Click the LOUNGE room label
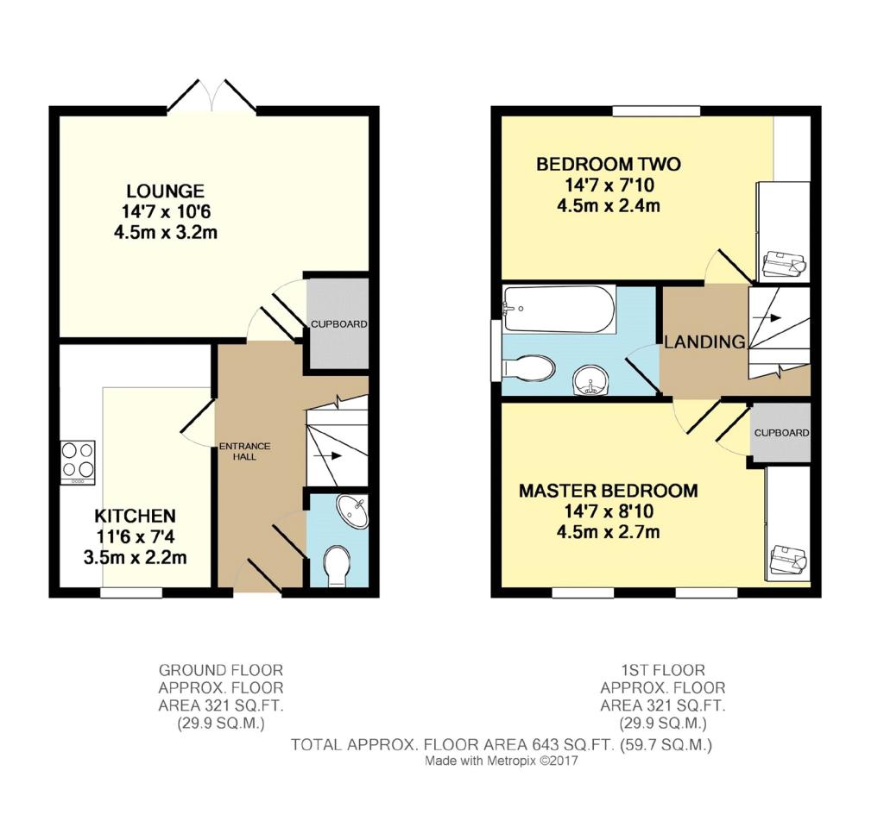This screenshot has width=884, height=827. pos(165,191)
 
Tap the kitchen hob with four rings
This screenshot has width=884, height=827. pos(79,462)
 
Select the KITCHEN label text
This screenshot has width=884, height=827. pos(136,516)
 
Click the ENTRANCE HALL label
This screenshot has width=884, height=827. pos(244,451)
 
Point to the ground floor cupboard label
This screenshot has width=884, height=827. pos(338,324)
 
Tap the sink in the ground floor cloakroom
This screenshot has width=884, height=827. pos(352,511)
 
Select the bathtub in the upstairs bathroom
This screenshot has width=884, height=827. pos(559,310)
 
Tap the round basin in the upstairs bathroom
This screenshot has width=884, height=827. pos(590,381)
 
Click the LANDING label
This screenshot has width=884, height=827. pos(704,342)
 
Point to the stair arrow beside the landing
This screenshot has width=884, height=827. pos(767,318)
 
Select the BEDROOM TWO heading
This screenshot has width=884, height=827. pos(609,165)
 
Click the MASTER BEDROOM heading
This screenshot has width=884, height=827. pos(609,492)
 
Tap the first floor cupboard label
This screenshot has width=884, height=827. pos(781,433)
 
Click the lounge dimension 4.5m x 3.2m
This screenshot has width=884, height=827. pos(166,233)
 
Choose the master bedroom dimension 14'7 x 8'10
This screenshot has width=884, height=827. pos(609,511)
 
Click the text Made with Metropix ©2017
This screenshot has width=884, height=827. pos(502,761)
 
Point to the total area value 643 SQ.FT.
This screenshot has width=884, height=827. pos(573,745)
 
